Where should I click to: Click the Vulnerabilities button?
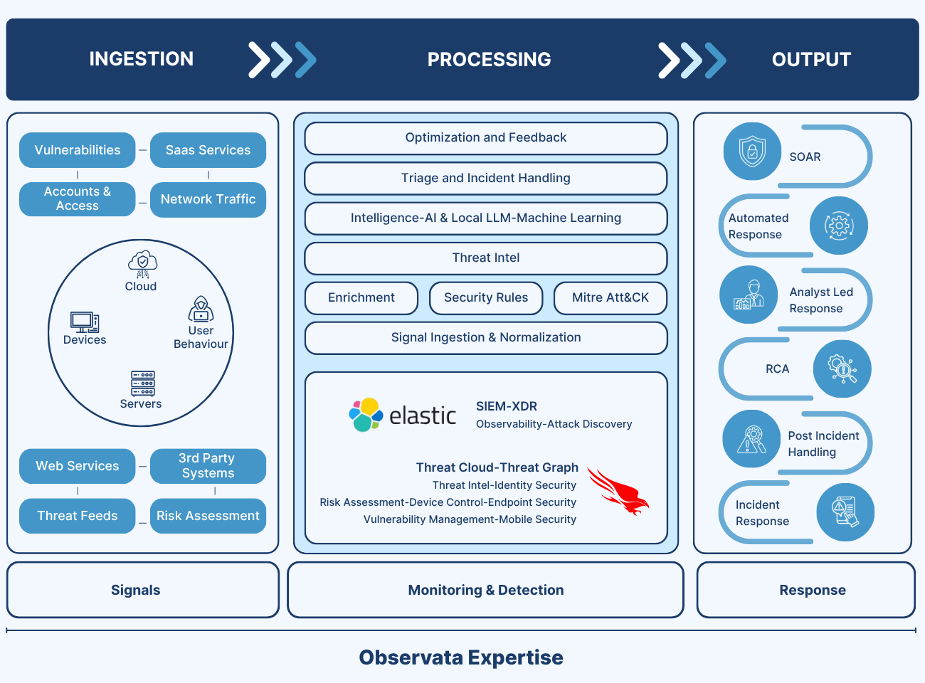[x=78, y=150]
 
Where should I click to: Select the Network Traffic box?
[x=208, y=199]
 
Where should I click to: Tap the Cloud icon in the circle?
[x=142, y=263]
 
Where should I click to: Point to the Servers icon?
[x=142, y=383]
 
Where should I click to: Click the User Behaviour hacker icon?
[x=201, y=309]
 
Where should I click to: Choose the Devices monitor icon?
[x=85, y=322]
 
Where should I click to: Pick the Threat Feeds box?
[x=78, y=516]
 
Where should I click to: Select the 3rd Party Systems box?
[x=208, y=466]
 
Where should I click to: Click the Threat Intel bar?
[x=486, y=258]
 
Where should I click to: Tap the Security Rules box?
[x=486, y=298]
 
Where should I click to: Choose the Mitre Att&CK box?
[x=610, y=298]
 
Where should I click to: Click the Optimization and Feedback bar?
[x=486, y=138]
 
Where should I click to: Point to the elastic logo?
[x=403, y=415]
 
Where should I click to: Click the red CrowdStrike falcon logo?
[x=618, y=492]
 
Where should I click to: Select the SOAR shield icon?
[x=752, y=152]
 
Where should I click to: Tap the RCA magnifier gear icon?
[x=842, y=369]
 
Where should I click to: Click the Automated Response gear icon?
[x=839, y=226]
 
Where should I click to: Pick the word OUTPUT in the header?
[x=811, y=60]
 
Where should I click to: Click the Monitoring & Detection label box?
[x=486, y=590]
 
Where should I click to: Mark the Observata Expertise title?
[x=461, y=657]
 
